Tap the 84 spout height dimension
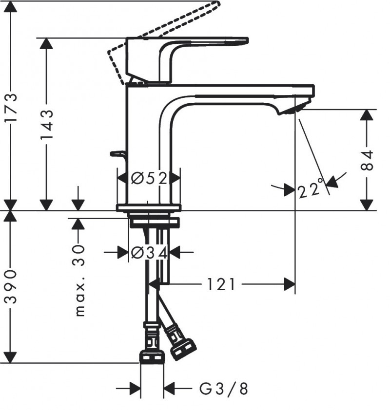click(x=368, y=160)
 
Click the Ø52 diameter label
click(x=149, y=178)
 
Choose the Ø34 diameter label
click(x=149, y=252)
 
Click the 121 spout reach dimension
click(x=222, y=284)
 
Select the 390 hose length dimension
click(x=11, y=286)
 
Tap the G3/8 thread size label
click(x=224, y=389)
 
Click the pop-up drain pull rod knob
click(x=117, y=154)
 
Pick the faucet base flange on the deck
click(x=148, y=208)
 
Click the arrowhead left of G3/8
click(x=135, y=389)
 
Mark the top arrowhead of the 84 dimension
click(x=368, y=116)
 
